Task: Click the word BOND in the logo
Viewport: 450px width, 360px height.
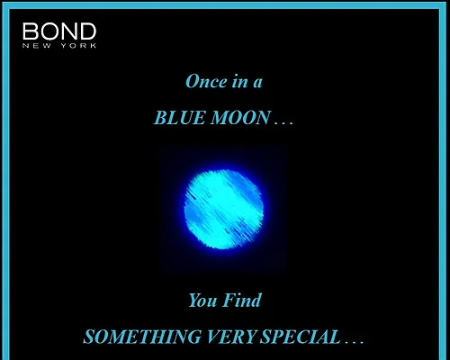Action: coord(59,31)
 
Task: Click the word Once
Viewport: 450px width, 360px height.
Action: coord(206,82)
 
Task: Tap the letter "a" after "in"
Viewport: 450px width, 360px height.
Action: coord(257,84)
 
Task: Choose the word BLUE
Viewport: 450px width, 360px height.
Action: coord(179,118)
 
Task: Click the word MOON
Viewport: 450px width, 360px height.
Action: coord(240,118)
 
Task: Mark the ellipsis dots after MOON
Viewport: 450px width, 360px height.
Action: coord(283,122)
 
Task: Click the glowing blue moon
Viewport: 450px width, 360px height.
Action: coord(224,210)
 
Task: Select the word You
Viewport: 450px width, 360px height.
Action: coord(202,300)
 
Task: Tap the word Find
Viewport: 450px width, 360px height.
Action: coord(242,300)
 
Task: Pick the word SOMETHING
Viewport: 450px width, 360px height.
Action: coord(142,337)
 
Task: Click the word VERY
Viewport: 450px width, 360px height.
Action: coord(231,337)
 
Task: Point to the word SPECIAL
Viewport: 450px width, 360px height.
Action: coord(301,337)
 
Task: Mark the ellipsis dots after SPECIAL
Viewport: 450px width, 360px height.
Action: coord(355,342)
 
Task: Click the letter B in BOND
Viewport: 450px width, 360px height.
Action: coord(30,31)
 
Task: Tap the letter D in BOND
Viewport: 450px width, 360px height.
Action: coord(88,31)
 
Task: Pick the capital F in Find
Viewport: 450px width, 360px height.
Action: coord(229,300)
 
